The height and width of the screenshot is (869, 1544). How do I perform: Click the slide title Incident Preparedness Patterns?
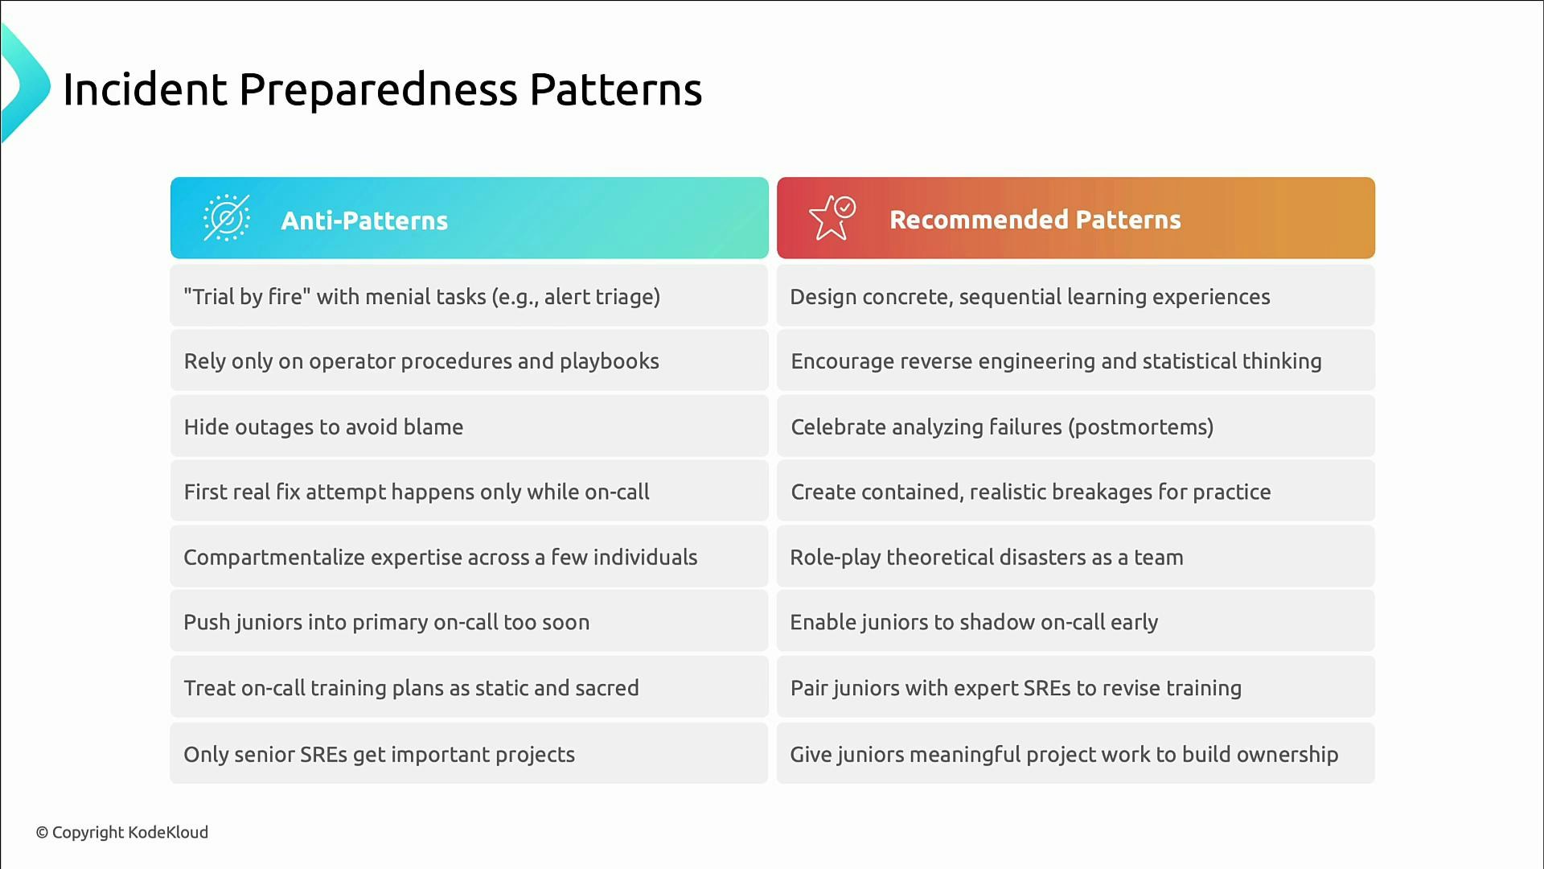tap(382, 89)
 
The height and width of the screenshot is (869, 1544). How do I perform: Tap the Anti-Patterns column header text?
tap(363, 220)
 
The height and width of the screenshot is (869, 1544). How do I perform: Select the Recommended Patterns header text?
tap(1034, 220)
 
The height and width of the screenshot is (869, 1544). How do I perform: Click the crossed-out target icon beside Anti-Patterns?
tap(226, 218)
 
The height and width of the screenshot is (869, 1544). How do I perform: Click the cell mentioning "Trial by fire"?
tap(421, 297)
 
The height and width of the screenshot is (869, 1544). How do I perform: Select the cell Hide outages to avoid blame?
tap(323, 427)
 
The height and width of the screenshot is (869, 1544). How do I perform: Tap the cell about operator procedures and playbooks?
tap(421, 361)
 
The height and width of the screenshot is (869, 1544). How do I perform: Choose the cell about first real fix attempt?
tap(417, 492)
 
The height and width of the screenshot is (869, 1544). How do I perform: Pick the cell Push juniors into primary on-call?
tap(386, 623)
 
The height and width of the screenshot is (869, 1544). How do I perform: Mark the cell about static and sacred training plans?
tap(411, 689)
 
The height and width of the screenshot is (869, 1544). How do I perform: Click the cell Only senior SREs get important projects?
tap(379, 755)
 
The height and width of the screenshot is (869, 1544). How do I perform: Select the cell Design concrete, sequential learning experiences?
tap(1029, 297)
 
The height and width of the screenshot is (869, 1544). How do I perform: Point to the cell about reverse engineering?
tap(1056, 361)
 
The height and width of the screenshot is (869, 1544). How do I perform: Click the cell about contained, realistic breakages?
tap(1030, 492)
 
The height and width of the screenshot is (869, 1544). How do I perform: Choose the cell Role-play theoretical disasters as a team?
tap(986, 558)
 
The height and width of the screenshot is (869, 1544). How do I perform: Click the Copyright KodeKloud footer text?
tap(122, 833)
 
